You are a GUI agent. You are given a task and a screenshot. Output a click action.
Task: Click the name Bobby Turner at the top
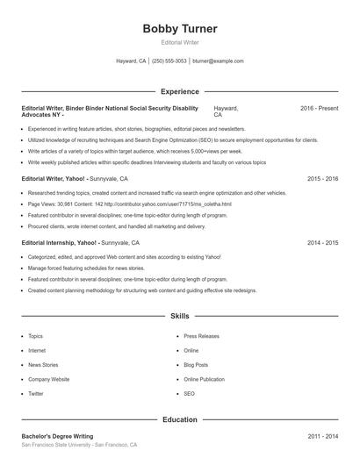[x=179, y=29]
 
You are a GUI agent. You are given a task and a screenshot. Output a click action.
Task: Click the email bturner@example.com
[x=218, y=61]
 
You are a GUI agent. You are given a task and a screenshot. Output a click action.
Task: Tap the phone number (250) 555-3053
[x=169, y=61]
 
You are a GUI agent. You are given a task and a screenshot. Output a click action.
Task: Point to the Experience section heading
[x=179, y=91]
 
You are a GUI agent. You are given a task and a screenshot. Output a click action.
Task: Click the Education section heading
[x=179, y=419]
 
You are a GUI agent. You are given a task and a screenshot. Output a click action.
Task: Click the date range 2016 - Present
[x=319, y=108]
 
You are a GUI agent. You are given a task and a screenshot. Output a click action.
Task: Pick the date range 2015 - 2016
[x=323, y=178]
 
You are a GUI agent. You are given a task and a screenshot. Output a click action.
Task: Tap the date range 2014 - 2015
[x=323, y=241]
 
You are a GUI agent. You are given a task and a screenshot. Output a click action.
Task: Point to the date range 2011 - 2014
[x=323, y=436]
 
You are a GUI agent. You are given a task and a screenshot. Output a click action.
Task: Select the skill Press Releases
[x=201, y=336]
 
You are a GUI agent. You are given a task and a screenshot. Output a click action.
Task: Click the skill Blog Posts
[x=196, y=365]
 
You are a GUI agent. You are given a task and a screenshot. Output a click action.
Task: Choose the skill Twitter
[x=36, y=394]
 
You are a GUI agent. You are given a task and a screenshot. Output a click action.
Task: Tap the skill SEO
[x=189, y=394]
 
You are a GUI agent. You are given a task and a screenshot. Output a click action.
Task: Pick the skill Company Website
[x=48, y=379]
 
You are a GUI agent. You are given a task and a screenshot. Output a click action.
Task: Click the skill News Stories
[x=44, y=365]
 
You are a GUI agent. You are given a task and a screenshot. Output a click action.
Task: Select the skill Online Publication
[x=204, y=379]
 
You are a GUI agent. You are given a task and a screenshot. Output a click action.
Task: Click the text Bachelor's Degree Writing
[x=59, y=436]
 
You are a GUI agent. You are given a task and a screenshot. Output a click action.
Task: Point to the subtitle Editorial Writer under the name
[x=179, y=42]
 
